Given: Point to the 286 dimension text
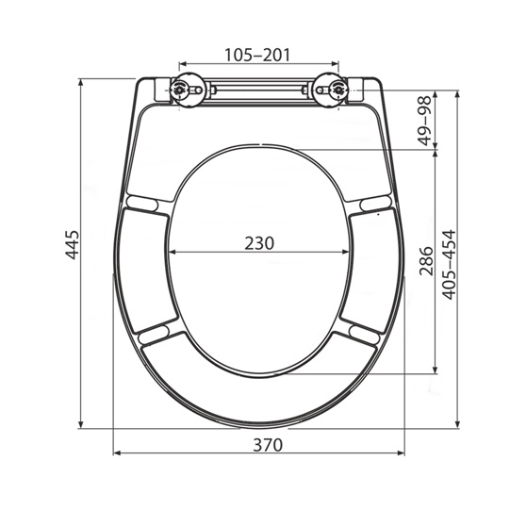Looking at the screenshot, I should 424,258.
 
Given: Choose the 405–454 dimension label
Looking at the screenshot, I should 450,264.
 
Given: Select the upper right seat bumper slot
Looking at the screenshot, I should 372,202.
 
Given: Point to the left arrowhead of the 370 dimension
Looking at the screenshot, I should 117,452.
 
